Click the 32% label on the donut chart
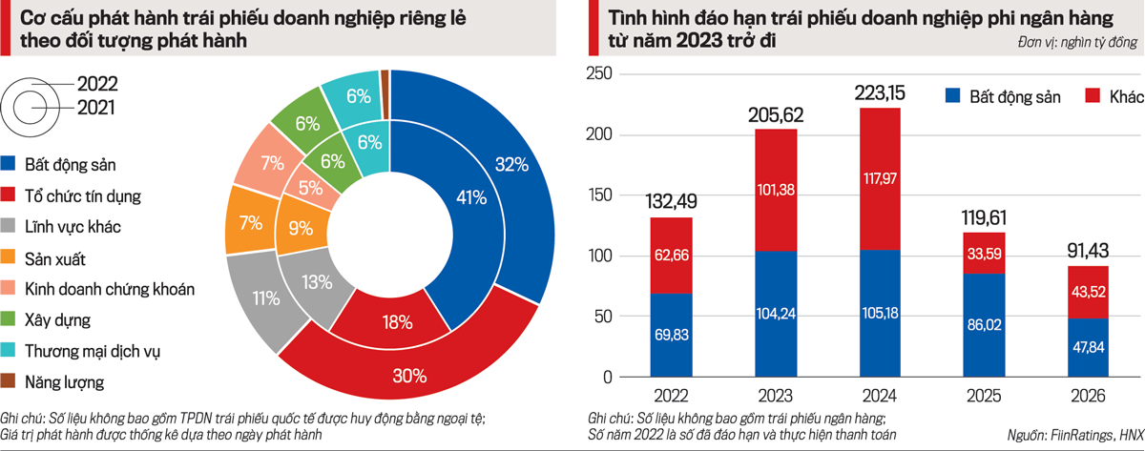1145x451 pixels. coord(511,164)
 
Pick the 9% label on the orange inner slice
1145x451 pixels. coord(300,229)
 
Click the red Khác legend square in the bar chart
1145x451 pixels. coord(1093,95)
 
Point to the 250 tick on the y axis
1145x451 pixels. coord(604,74)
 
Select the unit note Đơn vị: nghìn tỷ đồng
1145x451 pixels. coord(1076,45)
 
